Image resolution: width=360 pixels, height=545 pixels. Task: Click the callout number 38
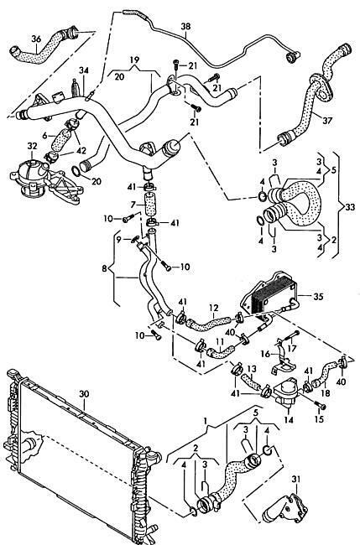tap(185, 26)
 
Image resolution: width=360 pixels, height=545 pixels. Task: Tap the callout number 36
tap(36, 39)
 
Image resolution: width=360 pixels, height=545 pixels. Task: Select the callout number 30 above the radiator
tap(84, 394)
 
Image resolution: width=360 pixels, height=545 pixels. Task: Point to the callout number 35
tap(318, 297)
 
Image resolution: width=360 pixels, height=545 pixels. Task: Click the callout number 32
tap(32, 146)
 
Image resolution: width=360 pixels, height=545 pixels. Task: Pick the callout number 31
tap(295, 480)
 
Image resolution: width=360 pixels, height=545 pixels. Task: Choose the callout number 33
tap(350, 207)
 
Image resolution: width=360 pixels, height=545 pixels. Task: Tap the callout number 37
tap(327, 121)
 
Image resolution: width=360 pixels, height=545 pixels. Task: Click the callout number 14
tap(289, 419)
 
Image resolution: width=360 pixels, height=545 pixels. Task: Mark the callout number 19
tap(134, 60)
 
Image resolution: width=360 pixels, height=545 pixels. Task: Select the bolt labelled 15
tap(320, 406)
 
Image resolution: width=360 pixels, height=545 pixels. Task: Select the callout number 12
tap(213, 308)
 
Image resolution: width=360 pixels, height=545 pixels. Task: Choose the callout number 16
tap(265, 354)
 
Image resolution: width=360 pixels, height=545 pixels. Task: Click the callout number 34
tap(83, 70)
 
